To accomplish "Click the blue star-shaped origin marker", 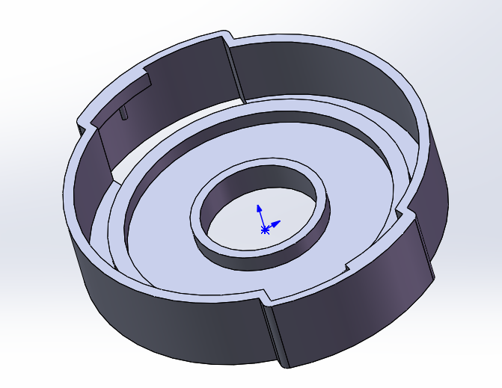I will [x=264, y=230].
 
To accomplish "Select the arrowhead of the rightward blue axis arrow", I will [x=278, y=222].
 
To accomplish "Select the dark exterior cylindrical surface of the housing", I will [x=150, y=314].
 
